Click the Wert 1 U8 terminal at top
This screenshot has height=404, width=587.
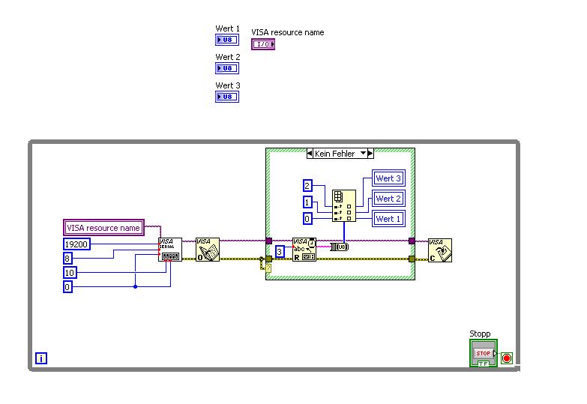(227, 40)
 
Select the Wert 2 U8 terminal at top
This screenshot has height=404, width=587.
(227, 68)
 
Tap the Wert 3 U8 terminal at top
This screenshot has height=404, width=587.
(227, 97)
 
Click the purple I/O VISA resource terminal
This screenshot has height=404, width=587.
(263, 44)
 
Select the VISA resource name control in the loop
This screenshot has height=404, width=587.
(103, 228)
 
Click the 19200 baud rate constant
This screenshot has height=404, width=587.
(76, 244)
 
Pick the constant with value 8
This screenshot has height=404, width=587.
(67, 258)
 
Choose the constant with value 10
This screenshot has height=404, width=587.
(69, 272)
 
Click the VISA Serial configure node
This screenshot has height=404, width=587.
(170, 250)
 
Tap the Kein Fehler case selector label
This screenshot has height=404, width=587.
(340, 154)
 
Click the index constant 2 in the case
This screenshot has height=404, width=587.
(307, 186)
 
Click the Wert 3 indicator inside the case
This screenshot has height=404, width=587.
(388, 178)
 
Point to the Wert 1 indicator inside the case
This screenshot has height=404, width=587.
(388, 219)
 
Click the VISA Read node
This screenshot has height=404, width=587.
(304, 250)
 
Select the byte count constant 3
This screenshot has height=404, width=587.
(279, 252)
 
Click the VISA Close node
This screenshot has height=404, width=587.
(439, 250)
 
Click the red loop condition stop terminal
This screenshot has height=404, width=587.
(507, 358)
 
